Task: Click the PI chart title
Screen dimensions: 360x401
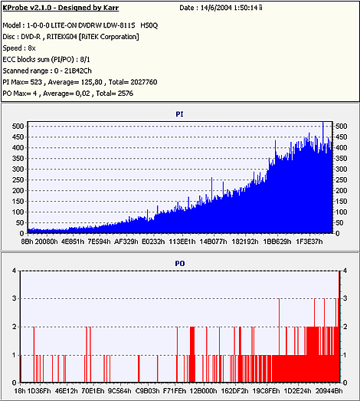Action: [179, 114]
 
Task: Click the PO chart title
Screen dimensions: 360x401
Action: [179, 264]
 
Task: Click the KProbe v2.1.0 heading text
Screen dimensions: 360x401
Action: [61, 8]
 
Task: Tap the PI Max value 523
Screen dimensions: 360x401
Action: [36, 82]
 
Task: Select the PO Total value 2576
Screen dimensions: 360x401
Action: [126, 94]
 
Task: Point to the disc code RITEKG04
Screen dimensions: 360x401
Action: [62, 37]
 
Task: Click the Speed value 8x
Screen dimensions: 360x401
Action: [31, 48]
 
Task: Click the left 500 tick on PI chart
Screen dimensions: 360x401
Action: [18, 126]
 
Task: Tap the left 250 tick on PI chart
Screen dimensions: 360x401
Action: [18, 179]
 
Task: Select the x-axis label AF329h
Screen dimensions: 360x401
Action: [126, 242]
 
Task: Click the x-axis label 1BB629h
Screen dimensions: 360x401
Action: [277, 242]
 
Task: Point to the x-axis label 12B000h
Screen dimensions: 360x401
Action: [203, 391]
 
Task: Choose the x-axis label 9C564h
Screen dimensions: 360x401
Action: [119, 391]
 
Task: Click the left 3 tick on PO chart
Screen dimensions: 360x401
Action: [15, 298]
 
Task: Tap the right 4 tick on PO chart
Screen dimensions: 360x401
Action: [345, 271]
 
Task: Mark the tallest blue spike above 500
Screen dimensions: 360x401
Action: [323, 123]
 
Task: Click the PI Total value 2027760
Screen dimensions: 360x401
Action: [143, 82]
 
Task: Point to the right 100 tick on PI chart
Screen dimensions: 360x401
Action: [341, 212]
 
